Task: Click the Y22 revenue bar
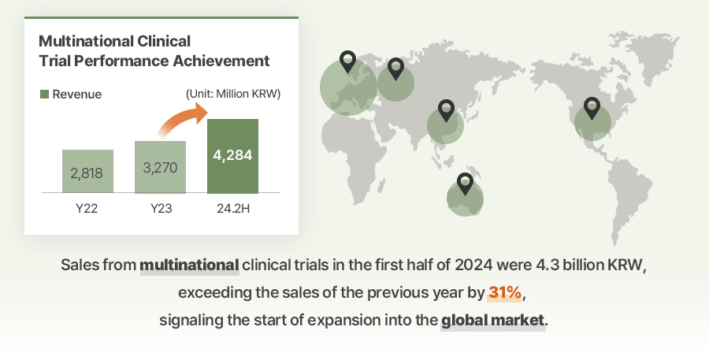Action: point(87,171)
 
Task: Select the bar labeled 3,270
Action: point(160,167)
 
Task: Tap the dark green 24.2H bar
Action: point(232,156)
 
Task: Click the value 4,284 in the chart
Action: point(232,155)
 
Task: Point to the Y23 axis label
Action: point(161,209)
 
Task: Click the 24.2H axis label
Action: point(233,209)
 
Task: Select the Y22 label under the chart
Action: point(87,209)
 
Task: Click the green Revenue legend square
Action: point(44,94)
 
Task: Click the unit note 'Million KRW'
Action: point(248,94)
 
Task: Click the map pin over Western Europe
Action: point(347,62)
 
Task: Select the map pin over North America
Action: point(592,108)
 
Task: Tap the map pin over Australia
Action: point(465,184)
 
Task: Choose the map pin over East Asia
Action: point(447,111)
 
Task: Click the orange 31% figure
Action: point(505,292)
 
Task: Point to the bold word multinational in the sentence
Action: point(189,265)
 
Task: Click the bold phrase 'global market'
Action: point(493,320)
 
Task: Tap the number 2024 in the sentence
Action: point(473,265)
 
